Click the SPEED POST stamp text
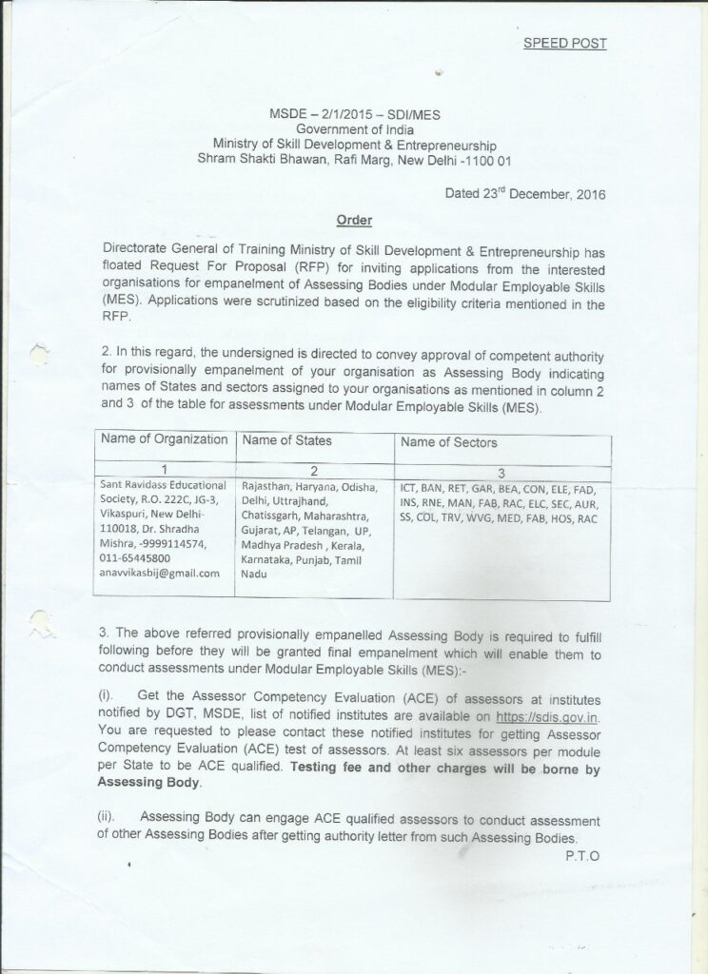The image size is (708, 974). click(x=564, y=44)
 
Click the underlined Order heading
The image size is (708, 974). click(x=353, y=221)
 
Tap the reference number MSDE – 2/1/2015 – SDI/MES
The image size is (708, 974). click(x=354, y=114)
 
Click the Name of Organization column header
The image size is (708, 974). click(x=164, y=440)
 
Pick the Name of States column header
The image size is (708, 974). click(x=286, y=440)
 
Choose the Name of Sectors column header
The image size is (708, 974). click(x=448, y=442)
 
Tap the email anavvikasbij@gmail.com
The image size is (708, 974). click(x=159, y=573)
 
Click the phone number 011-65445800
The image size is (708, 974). click(x=135, y=558)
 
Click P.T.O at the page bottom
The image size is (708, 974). click(x=580, y=854)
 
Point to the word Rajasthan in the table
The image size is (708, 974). click(x=268, y=485)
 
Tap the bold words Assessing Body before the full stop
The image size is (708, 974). click(x=147, y=782)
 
